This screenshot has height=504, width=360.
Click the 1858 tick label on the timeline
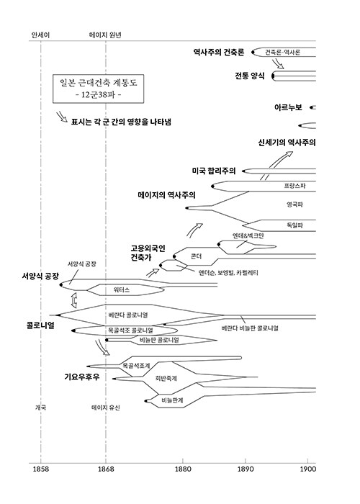(41, 469)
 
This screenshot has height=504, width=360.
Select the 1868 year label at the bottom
(106, 469)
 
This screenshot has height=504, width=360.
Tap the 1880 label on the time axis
(183, 469)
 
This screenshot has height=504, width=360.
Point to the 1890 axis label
(246, 469)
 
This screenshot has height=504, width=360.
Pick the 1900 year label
(308, 469)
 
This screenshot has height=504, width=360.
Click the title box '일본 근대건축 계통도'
(99, 89)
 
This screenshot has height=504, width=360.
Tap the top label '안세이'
(40, 35)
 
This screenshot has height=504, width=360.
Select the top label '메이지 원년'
(105, 35)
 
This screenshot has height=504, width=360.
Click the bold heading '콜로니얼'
(40, 325)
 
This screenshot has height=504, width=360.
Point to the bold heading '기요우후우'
(82, 377)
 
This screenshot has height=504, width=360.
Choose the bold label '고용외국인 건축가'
(148, 253)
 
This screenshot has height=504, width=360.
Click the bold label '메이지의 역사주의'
(166, 195)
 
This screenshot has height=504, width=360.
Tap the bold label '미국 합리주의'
(214, 171)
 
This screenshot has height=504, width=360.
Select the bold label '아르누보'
(288, 107)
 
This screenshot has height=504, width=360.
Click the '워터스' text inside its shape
(122, 290)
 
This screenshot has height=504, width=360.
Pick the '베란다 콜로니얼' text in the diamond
(128, 315)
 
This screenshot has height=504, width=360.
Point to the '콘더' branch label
(196, 256)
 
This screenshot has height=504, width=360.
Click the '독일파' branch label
(294, 225)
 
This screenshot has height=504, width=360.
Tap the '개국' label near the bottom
(40, 408)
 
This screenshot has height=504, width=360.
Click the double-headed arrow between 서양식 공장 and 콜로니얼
(74, 300)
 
